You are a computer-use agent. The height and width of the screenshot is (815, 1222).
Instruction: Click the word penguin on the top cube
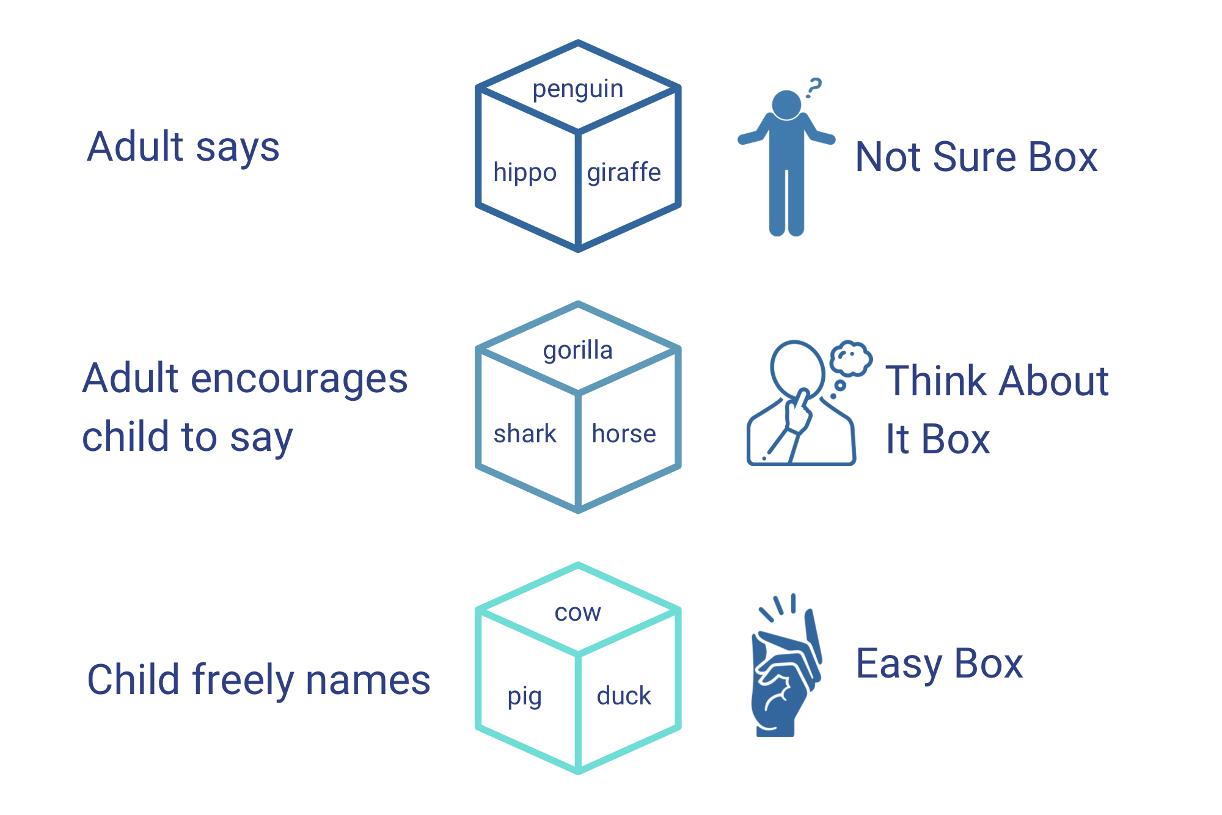tap(577, 90)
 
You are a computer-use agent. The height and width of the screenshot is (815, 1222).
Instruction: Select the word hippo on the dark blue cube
tap(525, 173)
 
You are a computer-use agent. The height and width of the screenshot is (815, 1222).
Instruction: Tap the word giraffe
tap(624, 173)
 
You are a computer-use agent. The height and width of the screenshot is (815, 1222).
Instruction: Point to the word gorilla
tap(577, 351)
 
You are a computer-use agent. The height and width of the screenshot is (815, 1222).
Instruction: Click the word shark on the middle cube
tap(525, 434)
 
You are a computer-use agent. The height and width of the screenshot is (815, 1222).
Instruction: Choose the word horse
tap(624, 434)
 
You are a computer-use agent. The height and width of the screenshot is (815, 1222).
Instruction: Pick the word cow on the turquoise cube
tap(577, 612)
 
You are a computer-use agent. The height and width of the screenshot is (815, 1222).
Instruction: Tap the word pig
tap(524, 696)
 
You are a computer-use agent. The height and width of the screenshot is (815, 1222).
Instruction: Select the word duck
tap(624, 696)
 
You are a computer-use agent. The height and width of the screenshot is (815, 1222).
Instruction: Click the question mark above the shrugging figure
tap(814, 87)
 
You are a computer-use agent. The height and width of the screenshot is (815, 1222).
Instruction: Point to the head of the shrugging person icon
tap(786, 104)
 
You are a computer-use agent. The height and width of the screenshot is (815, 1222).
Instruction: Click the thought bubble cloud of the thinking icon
tap(851, 357)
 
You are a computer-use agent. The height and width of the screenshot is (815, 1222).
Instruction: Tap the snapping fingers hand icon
tap(785, 672)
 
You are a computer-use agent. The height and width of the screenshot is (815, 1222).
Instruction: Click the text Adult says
tap(183, 147)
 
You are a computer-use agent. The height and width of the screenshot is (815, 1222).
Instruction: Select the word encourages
tap(299, 379)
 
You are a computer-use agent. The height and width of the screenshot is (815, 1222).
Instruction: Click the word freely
tap(243, 680)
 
